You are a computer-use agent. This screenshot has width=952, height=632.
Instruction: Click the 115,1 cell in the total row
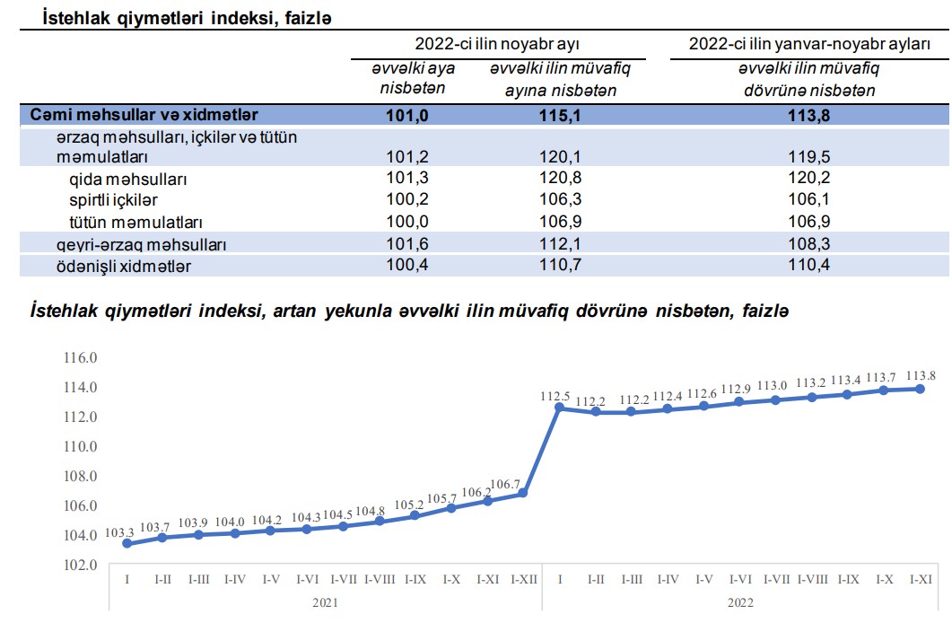point(554,115)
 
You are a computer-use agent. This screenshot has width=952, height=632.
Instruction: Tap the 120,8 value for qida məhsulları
point(554,179)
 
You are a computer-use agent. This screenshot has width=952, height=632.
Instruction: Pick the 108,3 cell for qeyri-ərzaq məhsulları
point(810,244)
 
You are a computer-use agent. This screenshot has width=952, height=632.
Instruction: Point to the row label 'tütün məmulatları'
point(136,221)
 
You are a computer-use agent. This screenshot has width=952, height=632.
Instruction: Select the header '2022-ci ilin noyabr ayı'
point(502,43)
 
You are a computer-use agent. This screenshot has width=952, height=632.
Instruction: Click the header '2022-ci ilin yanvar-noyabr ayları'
point(809,43)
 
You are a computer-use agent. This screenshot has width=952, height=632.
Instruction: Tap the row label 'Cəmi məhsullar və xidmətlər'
point(144,115)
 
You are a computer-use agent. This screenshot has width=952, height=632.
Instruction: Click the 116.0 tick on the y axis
point(80,357)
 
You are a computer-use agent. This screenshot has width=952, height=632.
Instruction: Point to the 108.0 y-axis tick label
point(80,476)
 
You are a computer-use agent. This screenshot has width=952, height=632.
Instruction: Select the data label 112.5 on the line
point(555,396)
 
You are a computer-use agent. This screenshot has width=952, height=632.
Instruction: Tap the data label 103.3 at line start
point(120,532)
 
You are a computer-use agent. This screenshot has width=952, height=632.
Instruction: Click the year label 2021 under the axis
point(325,602)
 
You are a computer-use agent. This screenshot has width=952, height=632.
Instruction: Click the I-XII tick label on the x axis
point(523,579)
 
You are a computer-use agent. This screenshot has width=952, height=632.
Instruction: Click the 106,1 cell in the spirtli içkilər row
point(810,199)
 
